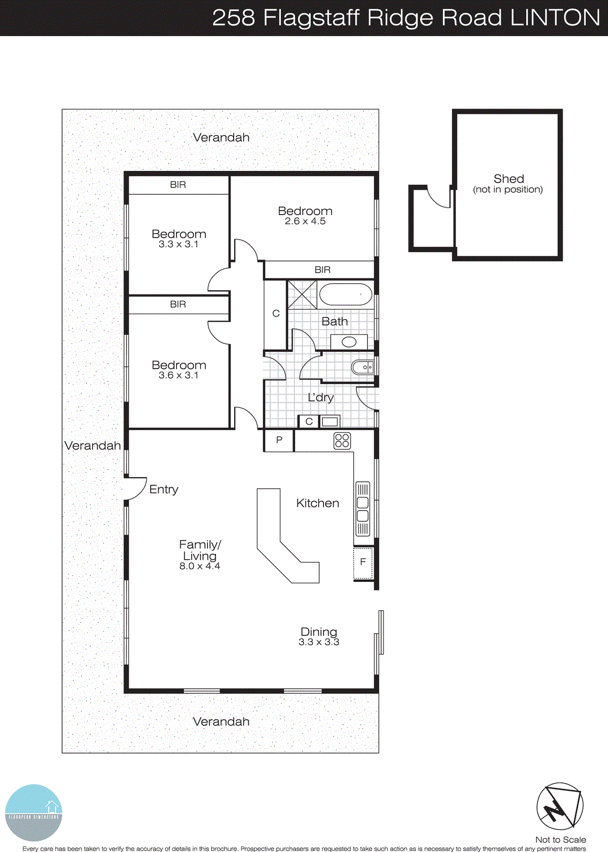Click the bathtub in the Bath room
click(346, 294)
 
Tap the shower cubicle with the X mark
click(302, 294)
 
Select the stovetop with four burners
click(342, 441)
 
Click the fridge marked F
click(363, 562)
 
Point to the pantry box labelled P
click(279, 440)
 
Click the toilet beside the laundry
click(363, 367)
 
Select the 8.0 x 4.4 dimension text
click(199, 567)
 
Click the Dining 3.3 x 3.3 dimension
click(319, 642)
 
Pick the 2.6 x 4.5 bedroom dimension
click(305, 222)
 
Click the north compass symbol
click(559, 806)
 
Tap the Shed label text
click(509, 179)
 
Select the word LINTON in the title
click(555, 18)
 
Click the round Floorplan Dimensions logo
click(34, 813)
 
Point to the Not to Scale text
click(560, 840)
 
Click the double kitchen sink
click(363, 509)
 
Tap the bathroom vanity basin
click(349, 342)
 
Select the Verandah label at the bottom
click(221, 722)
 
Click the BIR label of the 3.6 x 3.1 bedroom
click(178, 305)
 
